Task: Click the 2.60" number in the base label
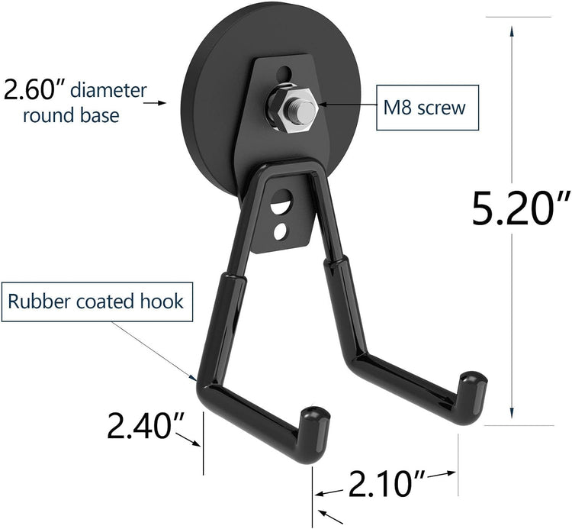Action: tap(34, 90)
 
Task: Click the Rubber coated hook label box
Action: tap(97, 301)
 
